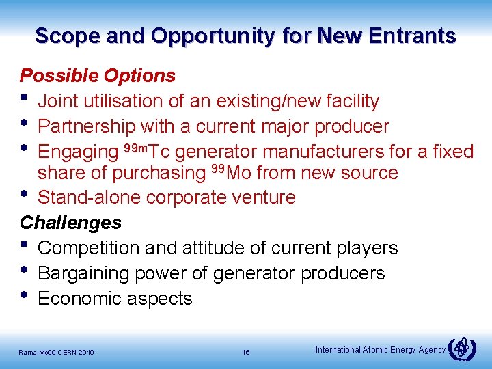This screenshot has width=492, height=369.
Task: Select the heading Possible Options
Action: coord(98,75)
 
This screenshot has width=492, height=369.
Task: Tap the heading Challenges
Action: coord(71,223)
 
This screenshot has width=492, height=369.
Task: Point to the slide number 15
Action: coord(246,352)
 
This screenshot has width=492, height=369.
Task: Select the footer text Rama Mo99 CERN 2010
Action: coord(57,353)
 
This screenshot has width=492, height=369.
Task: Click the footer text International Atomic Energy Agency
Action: coord(380,350)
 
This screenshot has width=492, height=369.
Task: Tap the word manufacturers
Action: coord(324,151)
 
